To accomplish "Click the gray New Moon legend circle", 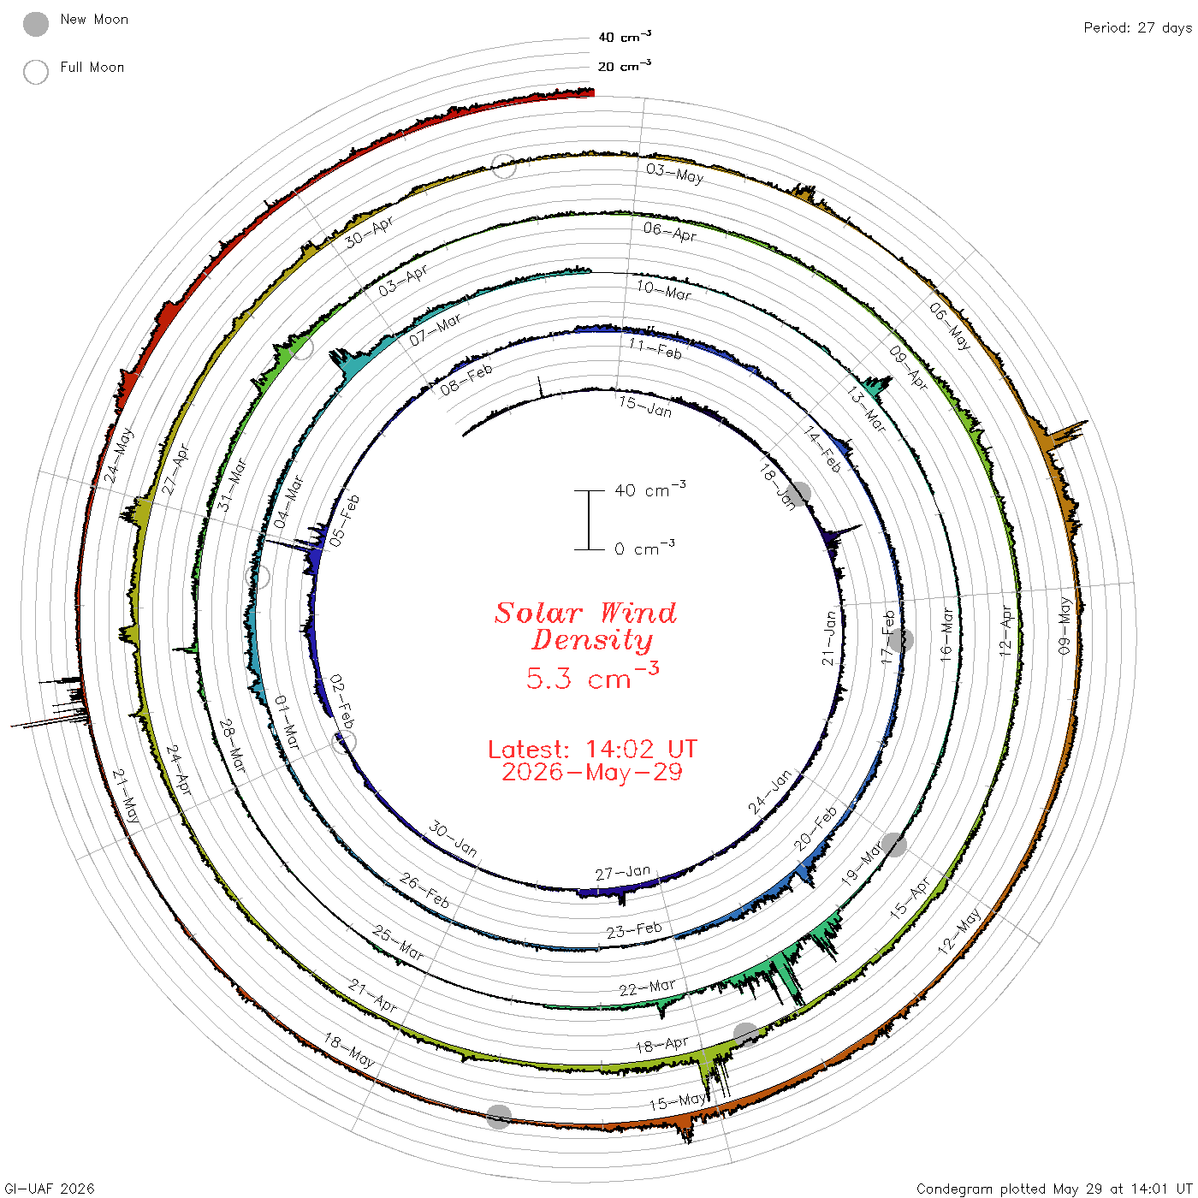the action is pos(36,24).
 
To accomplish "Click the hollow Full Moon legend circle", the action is pos(36,72).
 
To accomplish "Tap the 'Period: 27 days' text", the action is pos(1137,28).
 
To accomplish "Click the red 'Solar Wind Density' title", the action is pos(585,626).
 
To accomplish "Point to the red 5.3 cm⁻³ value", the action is pos(592,676).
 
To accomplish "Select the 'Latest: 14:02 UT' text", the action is pos(592,749).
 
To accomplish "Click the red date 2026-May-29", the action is pos(592,772).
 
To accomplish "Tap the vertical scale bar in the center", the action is pos(589,519).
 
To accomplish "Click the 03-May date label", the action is pos(674,174).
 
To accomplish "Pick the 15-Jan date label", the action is pos(645,406).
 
